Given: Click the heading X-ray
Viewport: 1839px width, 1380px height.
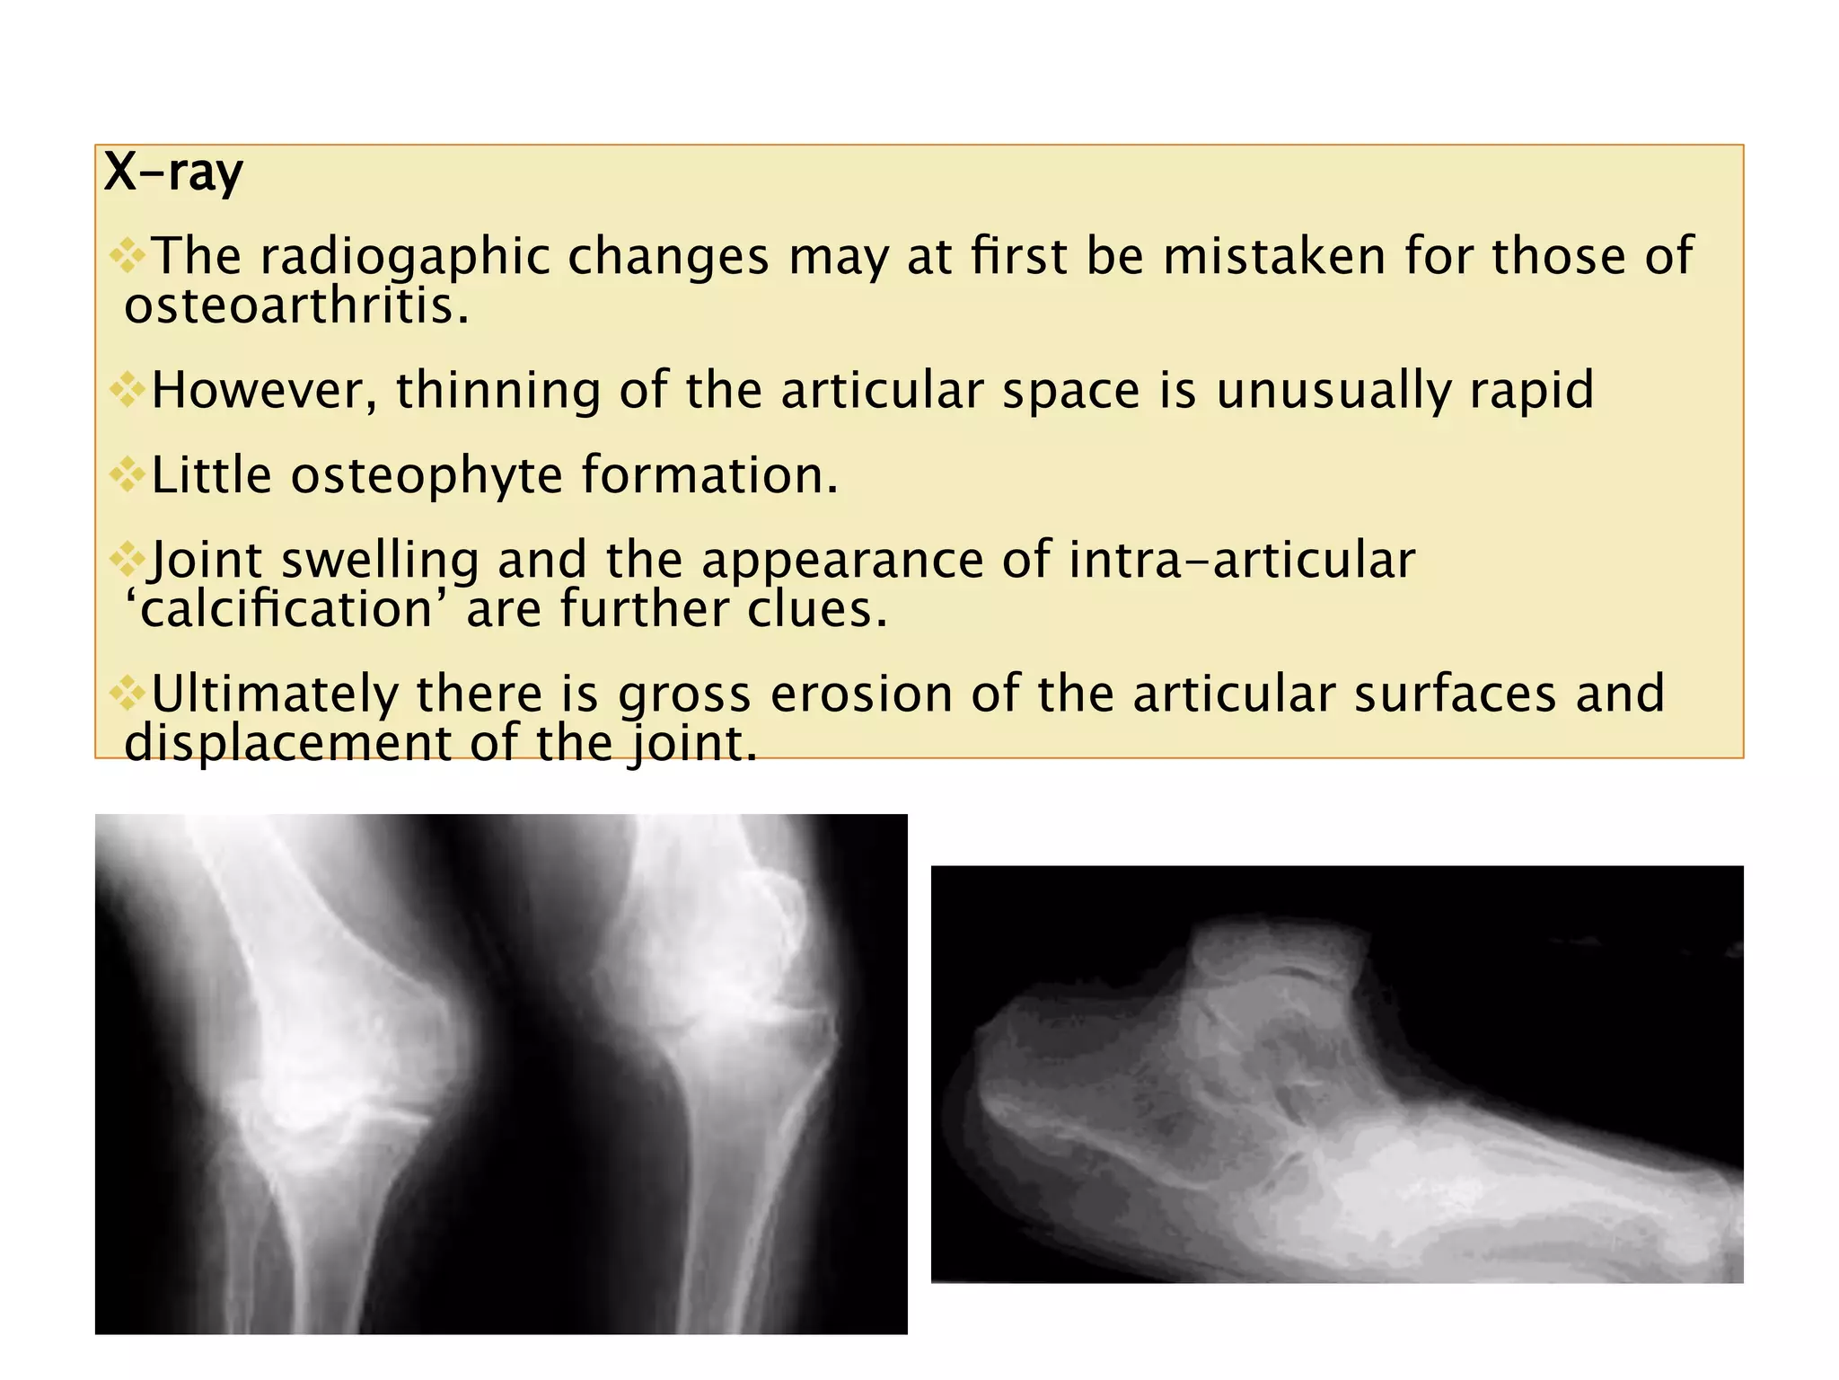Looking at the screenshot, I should [x=173, y=172].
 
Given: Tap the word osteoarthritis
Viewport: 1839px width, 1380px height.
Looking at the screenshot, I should [x=296, y=306].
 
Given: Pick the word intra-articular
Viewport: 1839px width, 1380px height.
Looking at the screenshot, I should [x=1242, y=560].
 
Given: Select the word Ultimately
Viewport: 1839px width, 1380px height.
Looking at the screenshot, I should [x=274, y=694].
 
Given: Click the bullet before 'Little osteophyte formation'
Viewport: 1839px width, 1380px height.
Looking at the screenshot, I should [x=128, y=474].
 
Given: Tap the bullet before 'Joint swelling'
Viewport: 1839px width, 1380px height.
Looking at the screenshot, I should [x=128, y=560].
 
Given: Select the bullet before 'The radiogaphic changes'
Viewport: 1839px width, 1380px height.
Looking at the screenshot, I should [x=128, y=256].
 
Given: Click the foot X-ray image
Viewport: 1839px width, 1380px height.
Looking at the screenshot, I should [x=1336, y=1074].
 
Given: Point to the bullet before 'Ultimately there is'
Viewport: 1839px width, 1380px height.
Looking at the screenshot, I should [x=128, y=694].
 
